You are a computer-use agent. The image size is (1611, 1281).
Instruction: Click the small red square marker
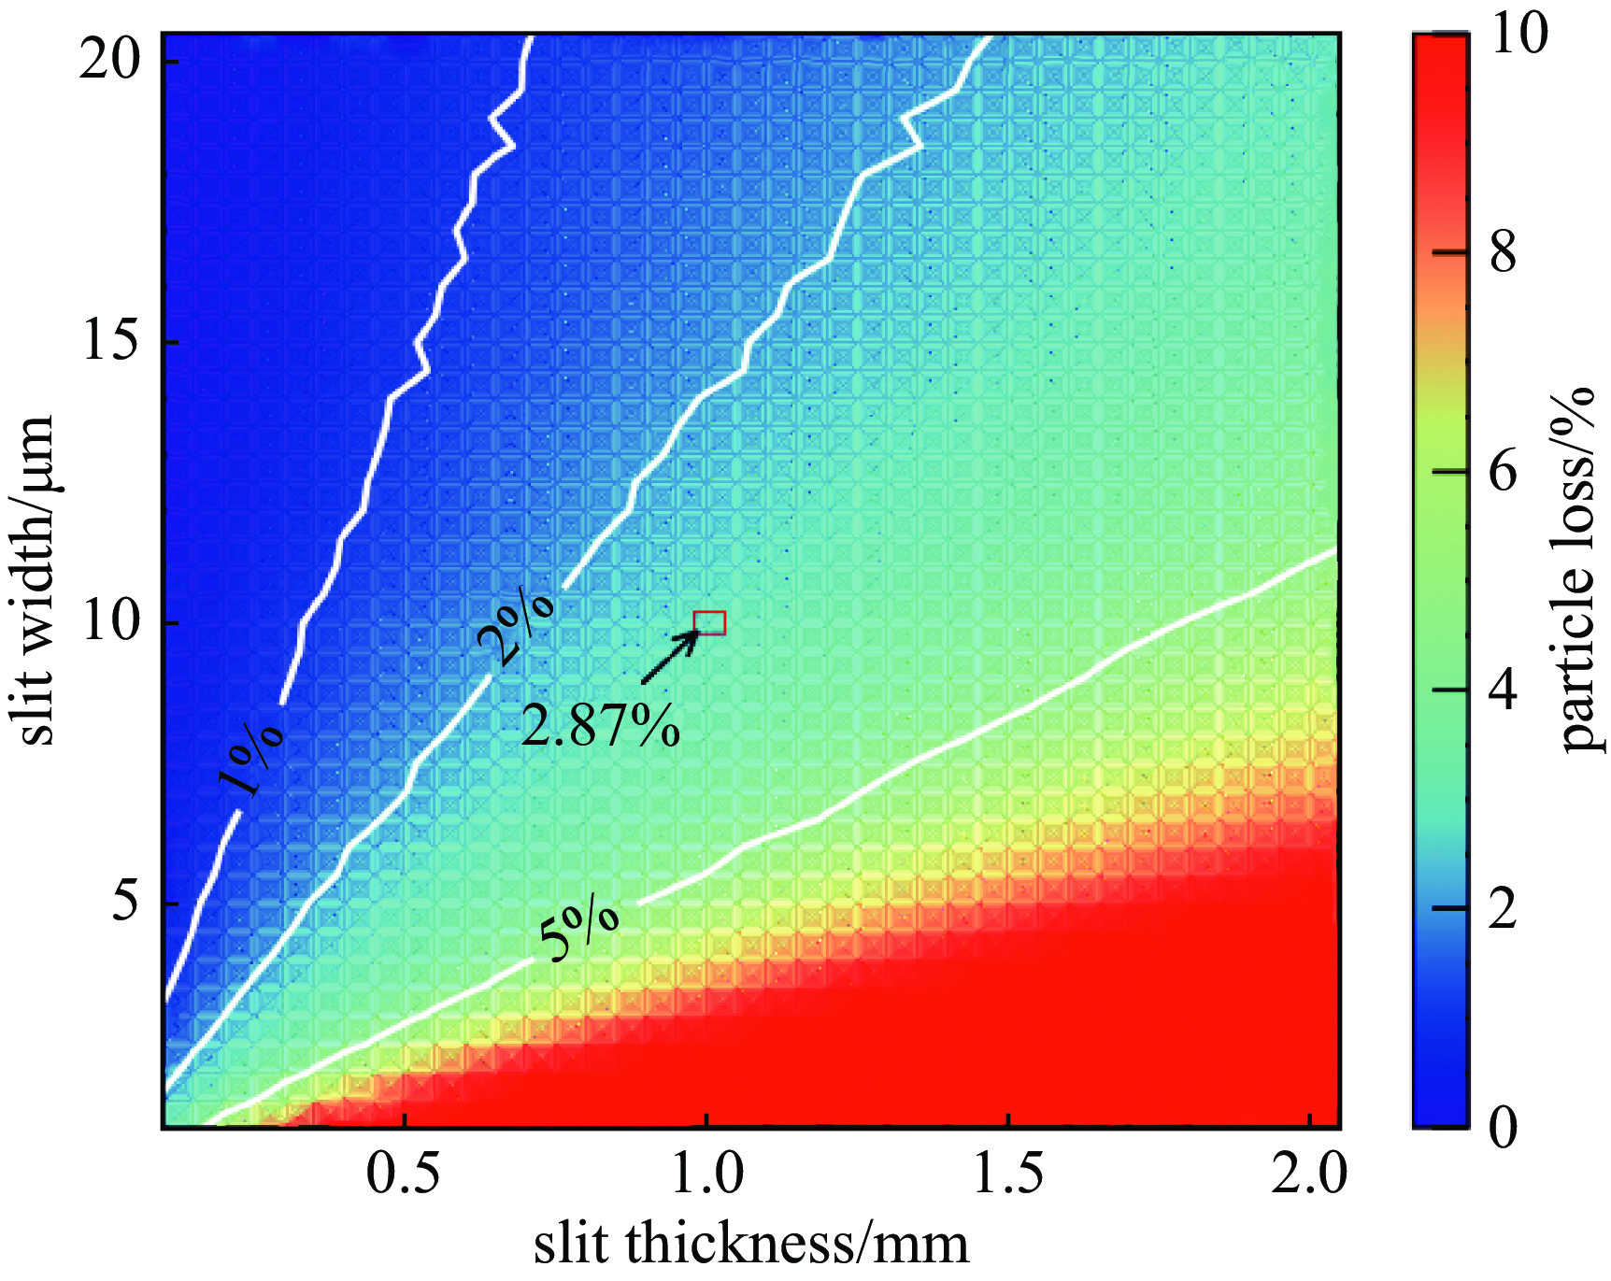coord(709,623)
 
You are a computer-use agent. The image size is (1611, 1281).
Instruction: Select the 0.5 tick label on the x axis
coord(403,1174)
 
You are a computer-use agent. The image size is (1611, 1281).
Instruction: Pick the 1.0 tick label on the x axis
coord(707,1174)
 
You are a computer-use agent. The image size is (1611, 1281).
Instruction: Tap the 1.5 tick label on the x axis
coord(1008,1174)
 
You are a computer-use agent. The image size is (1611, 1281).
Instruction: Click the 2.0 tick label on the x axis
coord(1309,1174)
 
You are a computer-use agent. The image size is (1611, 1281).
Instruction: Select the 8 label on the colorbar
coord(1503,252)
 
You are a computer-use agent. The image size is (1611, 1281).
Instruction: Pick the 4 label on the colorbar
coord(1503,690)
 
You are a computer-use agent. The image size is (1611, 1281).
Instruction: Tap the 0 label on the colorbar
coord(1503,1127)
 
